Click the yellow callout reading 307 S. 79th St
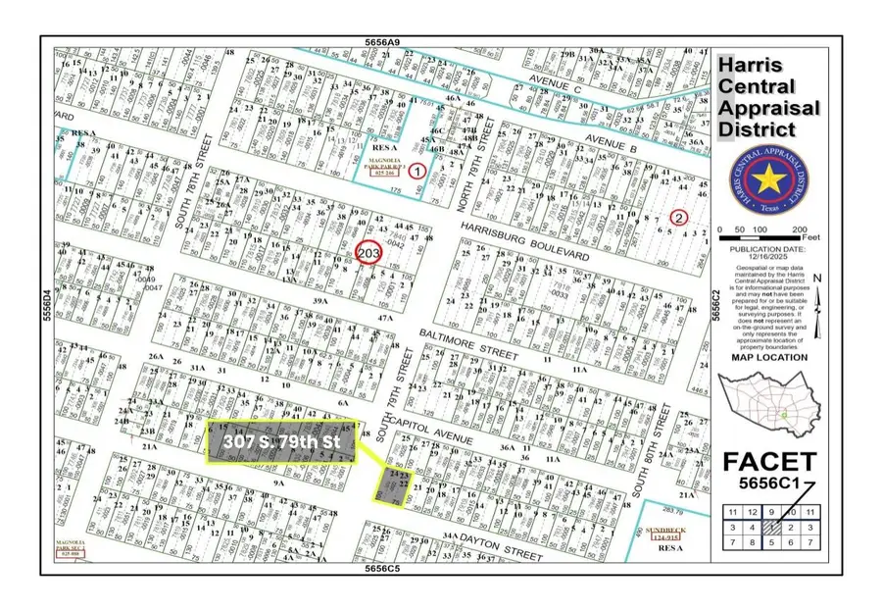pyautogui.click(x=281, y=442)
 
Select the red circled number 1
pyautogui.click(x=417, y=171)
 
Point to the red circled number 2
pyautogui.click(x=677, y=217)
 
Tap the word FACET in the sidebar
pyautogui.click(x=768, y=461)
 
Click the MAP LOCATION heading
pyautogui.click(x=768, y=357)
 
